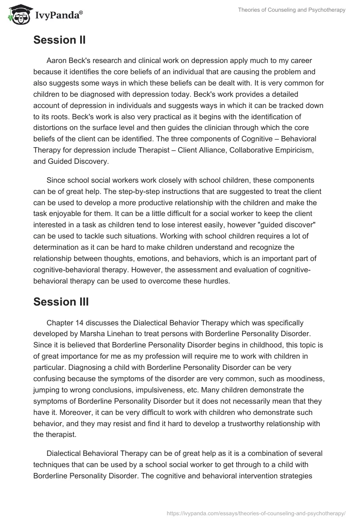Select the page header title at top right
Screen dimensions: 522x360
click(292, 10)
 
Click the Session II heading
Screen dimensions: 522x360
click(59, 40)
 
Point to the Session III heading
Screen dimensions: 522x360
click(61, 302)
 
